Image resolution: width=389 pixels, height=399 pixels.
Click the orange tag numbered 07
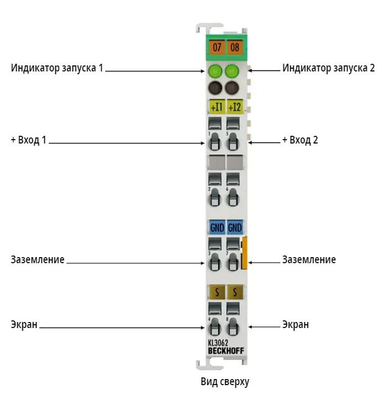217,47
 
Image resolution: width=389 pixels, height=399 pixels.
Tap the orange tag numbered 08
234,47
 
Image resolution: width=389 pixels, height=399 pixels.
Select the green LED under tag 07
215,71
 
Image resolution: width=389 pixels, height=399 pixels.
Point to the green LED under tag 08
232,71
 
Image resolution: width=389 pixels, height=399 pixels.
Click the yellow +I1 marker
217,107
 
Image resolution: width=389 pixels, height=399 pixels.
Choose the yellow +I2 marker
235,107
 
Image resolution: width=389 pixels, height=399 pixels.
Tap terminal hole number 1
215,142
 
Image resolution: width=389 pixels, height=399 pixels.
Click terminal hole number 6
233,198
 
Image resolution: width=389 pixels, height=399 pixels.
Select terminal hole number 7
233,262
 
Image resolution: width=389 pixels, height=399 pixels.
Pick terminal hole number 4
215,327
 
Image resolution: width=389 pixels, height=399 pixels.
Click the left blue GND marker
217,227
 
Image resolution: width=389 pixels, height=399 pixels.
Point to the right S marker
235,292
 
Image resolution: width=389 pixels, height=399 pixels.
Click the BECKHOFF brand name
226,351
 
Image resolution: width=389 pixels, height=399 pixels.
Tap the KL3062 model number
218,343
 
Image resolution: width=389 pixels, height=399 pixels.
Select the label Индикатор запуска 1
57,68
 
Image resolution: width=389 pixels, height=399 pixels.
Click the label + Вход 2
300,140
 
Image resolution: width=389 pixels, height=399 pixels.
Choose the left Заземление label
37,259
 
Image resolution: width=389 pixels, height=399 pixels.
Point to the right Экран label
296,324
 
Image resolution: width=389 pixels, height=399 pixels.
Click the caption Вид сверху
225,382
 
